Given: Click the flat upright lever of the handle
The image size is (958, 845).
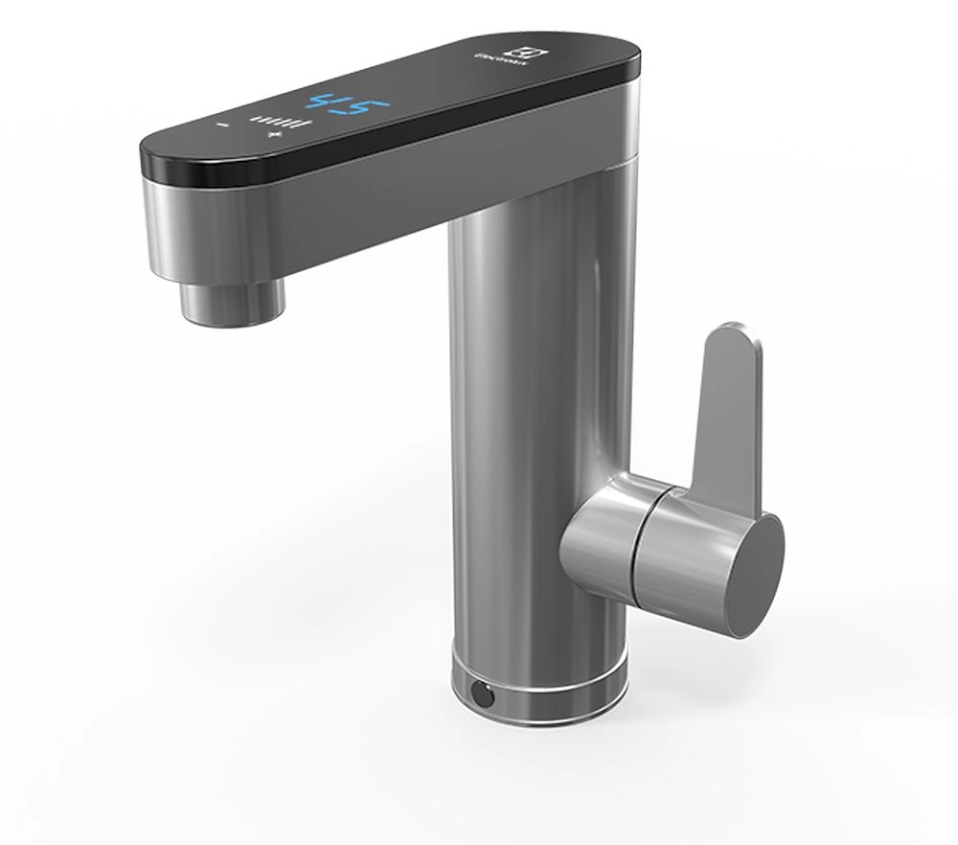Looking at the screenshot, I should point(727,412).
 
